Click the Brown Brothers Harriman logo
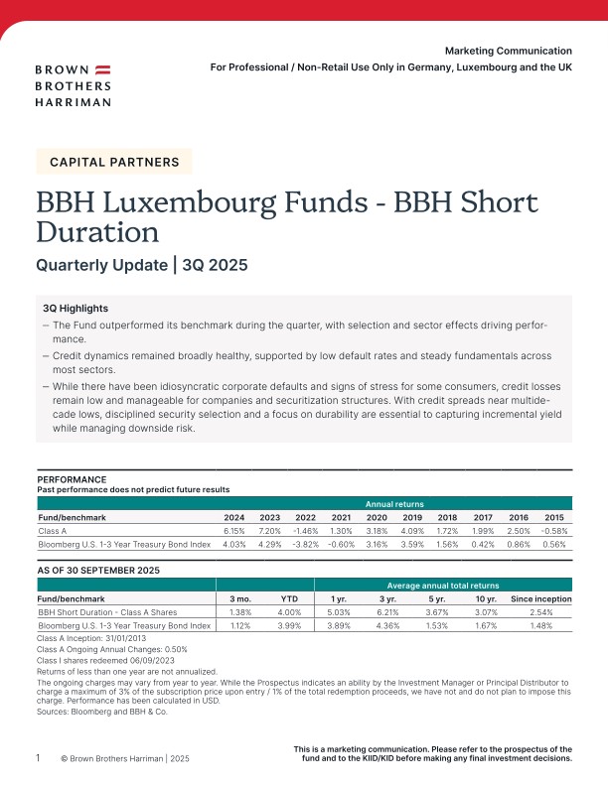click(74, 85)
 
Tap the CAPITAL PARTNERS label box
click(114, 161)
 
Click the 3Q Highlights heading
click(76, 309)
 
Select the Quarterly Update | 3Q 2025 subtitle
click(141, 265)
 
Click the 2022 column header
click(305, 517)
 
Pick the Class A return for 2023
click(269, 530)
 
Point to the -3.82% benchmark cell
click(305, 544)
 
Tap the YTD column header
click(289, 599)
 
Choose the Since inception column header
click(540, 599)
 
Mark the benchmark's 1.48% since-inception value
click(540, 626)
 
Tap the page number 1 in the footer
click(39, 757)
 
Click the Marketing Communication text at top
click(508, 51)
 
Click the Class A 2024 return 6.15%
click(233, 530)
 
